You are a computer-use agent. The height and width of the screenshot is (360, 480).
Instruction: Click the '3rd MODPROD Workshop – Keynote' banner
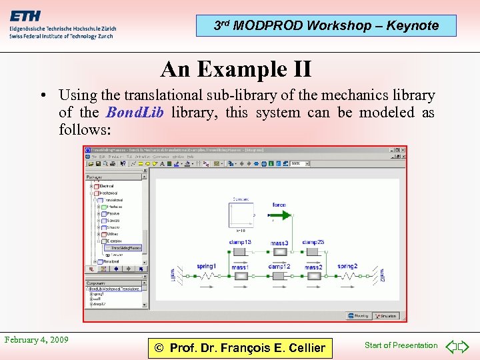click(326, 26)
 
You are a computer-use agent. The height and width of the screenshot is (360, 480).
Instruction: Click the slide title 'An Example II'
click(236, 69)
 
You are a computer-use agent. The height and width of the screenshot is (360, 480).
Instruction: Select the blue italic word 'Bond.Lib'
click(135, 112)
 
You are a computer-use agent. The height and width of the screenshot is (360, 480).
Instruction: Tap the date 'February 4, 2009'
click(37, 340)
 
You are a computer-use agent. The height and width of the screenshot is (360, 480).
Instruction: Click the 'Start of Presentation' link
click(401, 345)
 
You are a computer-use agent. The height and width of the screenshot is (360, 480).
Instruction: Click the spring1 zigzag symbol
click(207, 275)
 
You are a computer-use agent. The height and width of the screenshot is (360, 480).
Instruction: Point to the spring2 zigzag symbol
click(347, 275)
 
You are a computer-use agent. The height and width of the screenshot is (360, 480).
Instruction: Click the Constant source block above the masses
click(241, 215)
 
